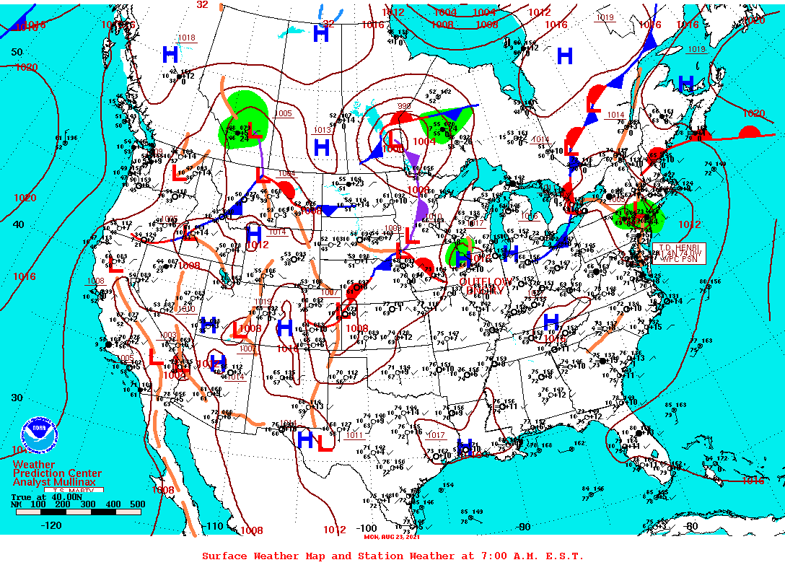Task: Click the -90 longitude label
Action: point(525,527)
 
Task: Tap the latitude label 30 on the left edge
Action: point(17,398)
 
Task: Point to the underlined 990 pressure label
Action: point(403,107)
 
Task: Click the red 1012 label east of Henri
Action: point(689,224)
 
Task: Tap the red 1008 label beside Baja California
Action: point(163,490)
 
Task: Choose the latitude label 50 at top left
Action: point(17,52)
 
